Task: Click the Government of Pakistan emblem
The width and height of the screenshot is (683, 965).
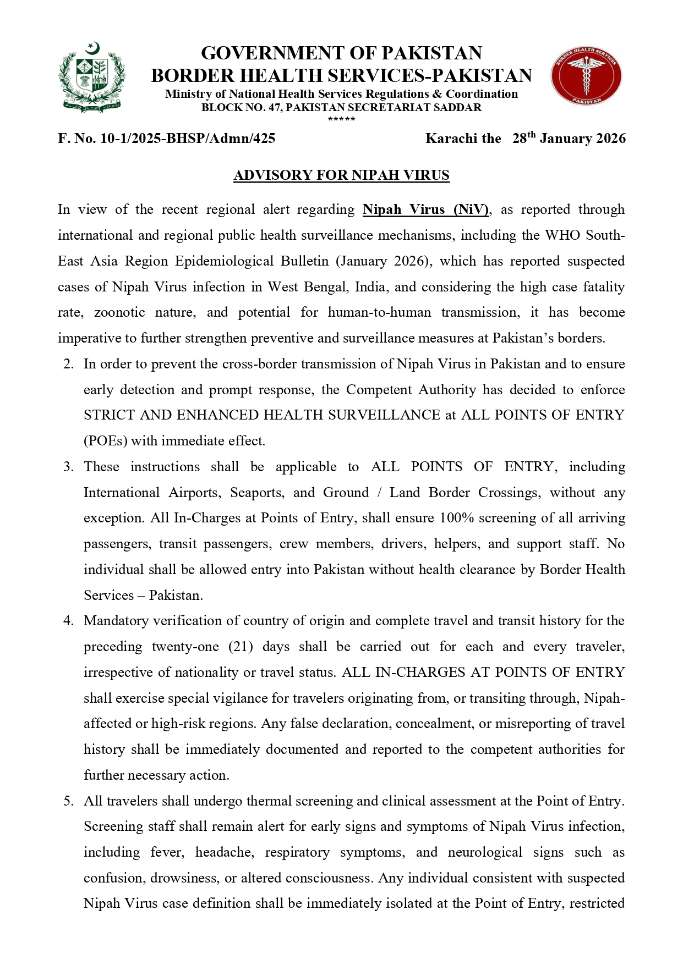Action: click(92, 78)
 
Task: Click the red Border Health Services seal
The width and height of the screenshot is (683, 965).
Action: click(586, 76)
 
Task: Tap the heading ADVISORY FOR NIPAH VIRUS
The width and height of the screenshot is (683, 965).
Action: click(341, 175)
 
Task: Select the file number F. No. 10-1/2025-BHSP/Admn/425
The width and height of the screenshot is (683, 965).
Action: click(166, 139)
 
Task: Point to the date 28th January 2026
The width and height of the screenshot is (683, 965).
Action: click(569, 138)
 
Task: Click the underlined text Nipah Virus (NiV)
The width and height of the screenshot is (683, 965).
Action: click(425, 209)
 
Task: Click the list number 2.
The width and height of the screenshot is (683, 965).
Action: click(68, 364)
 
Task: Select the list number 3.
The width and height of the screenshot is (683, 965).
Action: click(68, 467)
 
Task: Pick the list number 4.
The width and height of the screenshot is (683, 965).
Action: click(68, 621)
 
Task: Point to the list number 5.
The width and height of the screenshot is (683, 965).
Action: click(68, 801)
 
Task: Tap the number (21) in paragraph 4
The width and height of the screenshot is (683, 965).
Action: click(241, 647)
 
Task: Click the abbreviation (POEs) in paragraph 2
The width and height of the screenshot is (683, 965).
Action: click(105, 441)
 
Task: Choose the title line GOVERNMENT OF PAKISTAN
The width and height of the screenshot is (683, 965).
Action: click(341, 53)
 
